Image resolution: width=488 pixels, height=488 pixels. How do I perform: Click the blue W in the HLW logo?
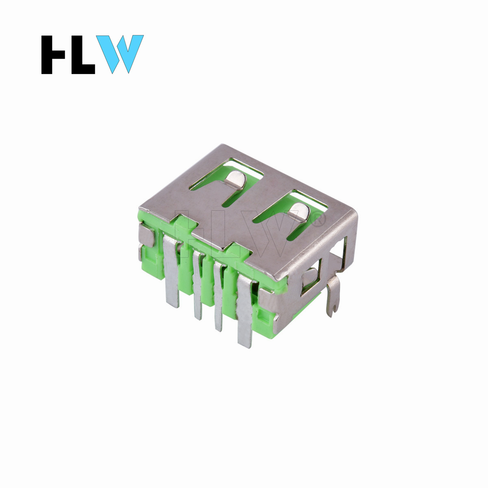point(120,54)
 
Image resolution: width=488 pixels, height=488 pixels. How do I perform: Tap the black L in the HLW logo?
point(83,54)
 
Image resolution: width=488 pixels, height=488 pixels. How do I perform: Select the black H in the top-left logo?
point(53,54)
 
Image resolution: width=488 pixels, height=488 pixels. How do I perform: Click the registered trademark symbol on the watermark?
point(318,219)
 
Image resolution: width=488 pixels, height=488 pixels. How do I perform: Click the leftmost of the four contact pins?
point(171,270)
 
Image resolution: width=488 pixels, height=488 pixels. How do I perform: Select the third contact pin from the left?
point(218,296)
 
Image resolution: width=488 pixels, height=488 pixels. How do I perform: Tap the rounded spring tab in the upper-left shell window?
point(236,180)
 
